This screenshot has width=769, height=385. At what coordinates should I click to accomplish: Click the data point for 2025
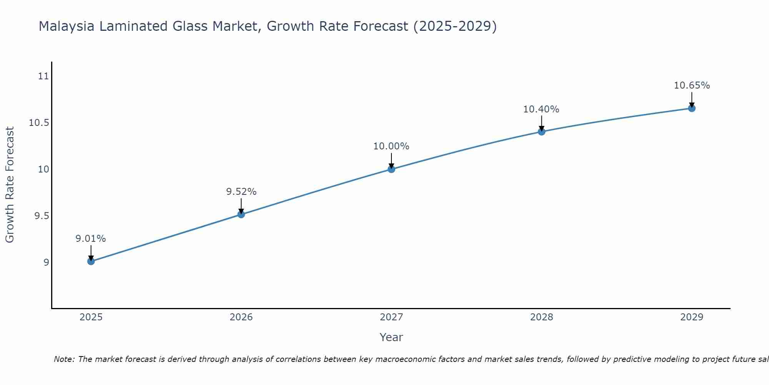tap(91, 261)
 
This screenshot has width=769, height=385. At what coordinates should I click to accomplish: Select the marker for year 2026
tap(241, 214)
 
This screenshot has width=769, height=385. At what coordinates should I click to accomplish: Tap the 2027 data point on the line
tap(391, 169)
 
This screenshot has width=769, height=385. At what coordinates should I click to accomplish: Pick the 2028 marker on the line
tap(541, 132)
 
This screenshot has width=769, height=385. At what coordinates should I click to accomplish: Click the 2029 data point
tap(692, 108)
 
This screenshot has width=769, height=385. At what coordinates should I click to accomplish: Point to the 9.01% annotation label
tap(90, 239)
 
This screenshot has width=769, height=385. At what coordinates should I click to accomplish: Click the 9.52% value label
tap(241, 192)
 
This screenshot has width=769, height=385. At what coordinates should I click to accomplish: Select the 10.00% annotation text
tap(391, 146)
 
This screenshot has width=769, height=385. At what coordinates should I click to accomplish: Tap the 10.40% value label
tap(541, 109)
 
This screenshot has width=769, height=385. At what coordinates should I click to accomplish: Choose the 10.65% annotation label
tap(692, 85)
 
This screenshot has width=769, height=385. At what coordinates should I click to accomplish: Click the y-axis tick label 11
tap(44, 76)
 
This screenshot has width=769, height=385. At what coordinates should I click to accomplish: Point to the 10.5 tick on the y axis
tap(39, 123)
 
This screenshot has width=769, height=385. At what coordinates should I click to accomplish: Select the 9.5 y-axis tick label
tap(42, 216)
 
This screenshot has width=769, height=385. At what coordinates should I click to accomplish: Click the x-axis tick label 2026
tap(241, 317)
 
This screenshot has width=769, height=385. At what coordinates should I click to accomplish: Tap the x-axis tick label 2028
tap(541, 317)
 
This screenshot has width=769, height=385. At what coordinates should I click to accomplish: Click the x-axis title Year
tap(391, 337)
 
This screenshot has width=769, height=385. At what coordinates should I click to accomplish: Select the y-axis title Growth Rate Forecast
tap(10, 184)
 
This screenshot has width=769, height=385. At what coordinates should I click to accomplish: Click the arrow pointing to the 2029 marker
tap(692, 99)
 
